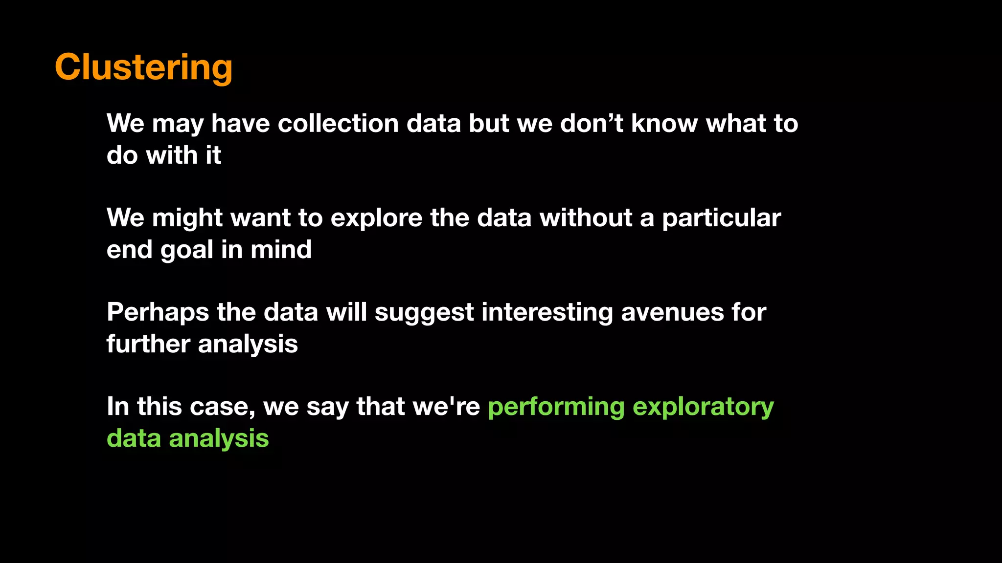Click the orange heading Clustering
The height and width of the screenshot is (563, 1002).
pyautogui.click(x=143, y=67)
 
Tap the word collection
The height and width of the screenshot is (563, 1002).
pyautogui.click(x=338, y=123)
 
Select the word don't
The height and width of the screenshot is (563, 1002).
pyautogui.click(x=592, y=123)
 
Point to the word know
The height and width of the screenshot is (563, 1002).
pyautogui.click(x=664, y=123)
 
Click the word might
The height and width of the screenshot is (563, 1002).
pyautogui.click(x=187, y=217)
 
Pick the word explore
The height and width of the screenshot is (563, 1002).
pyautogui.click(x=376, y=217)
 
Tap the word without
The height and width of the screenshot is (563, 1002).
pyautogui.click(x=586, y=217)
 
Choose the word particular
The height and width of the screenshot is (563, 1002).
pyautogui.click(x=721, y=218)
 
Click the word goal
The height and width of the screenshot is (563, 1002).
pyautogui.click(x=186, y=250)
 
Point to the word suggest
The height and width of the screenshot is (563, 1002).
pyautogui.click(x=424, y=313)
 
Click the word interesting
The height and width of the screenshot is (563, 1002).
pyautogui.click(x=547, y=313)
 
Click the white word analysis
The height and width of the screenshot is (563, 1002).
pyautogui.click(x=248, y=345)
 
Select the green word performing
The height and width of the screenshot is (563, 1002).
pyautogui.click(x=556, y=407)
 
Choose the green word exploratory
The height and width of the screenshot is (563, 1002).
pyautogui.click(x=703, y=407)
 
